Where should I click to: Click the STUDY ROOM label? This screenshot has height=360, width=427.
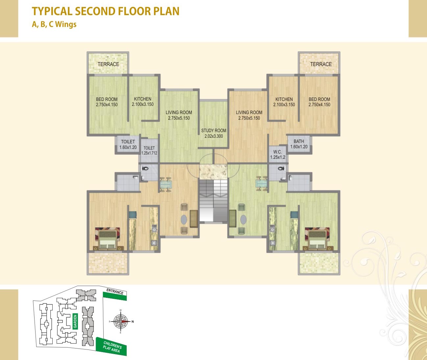pyautogui.click(x=214, y=133)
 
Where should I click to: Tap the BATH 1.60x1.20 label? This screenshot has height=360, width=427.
pyautogui.click(x=299, y=144)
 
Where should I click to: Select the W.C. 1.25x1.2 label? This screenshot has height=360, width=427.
pyautogui.click(x=278, y=155)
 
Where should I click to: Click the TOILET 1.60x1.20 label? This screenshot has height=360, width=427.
pyautogui.click(x=128, y=144)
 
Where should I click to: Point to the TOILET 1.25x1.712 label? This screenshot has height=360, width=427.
pyautogui.click(x=149, y=151)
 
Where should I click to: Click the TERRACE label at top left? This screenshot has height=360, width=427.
pyautogui.click(x=108, y=64)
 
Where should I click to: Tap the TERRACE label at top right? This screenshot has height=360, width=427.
pyautogui.click(x=321, y=64)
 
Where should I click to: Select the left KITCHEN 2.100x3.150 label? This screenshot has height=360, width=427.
pyautogui.click(x=142, y=102)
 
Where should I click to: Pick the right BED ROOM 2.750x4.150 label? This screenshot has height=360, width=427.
pyautogui.click(x=319, y=102)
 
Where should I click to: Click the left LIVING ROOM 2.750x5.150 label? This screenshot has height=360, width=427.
pyautogui.click(x=179, y=115)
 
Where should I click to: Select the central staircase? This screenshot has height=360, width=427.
pyautogui.click(x=213, y=201)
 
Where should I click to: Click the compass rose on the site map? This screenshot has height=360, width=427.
pyautogui.click(x=121, y=321)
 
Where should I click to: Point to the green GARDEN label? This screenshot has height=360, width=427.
pyautogui.click(x=75, y=321)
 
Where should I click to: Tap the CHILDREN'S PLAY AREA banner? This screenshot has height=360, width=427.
pyautogui.click(x=112, y=347)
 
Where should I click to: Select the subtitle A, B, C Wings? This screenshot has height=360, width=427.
pyautogui.click(x=54, y=24)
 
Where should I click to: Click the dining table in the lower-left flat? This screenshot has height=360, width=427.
pyautogui.click(x=165, y=184)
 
